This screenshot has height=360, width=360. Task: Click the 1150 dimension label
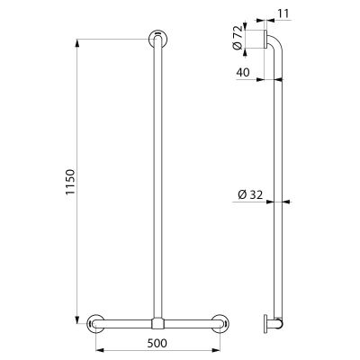(70, 182)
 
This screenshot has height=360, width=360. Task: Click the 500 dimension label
(157, 343)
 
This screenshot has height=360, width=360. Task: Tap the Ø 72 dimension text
(237, 38)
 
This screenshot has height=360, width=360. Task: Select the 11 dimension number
(283, 13)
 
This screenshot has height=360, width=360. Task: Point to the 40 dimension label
(243, 72)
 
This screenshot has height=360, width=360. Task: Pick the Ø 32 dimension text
(250, 195)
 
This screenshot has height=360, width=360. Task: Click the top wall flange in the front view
(157, 39)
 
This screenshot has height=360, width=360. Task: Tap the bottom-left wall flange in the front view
(95, 323)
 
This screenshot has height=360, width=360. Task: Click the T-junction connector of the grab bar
(157, 323)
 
